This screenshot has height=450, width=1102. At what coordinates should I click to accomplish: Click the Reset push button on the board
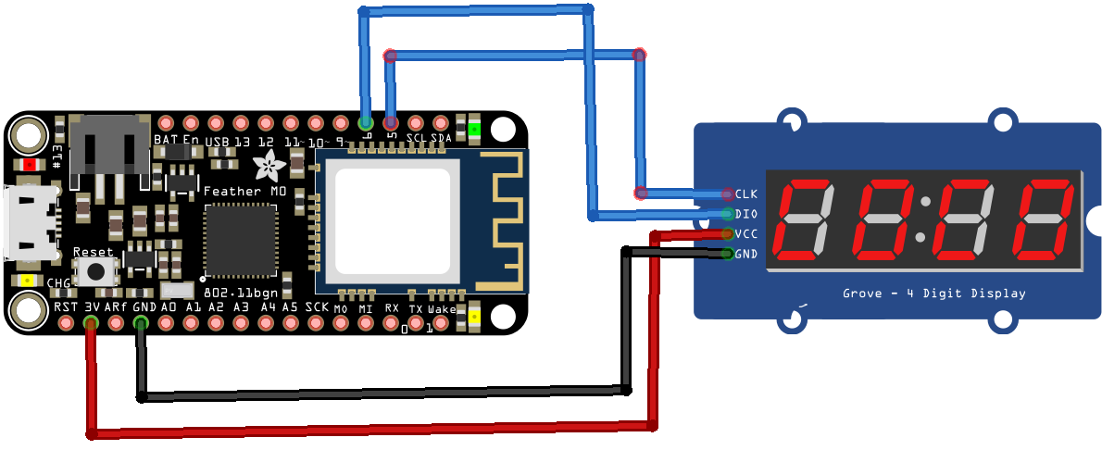(94, 272)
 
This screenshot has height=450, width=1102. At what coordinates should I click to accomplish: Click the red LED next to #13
(30, 164)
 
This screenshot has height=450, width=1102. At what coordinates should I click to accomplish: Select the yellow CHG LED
(28, 281)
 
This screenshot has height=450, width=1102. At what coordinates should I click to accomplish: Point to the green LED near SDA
(474, 130)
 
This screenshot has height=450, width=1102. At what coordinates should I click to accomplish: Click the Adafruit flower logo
(270, 167)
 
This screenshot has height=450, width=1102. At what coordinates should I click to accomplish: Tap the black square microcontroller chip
(240, 240)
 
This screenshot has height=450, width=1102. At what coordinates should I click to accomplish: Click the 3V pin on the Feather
(91, 323)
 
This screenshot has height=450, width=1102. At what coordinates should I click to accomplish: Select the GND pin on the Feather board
(141, 323)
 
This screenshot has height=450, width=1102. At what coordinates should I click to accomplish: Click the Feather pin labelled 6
(366, 122)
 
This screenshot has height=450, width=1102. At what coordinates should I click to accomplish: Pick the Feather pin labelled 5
(391, 122)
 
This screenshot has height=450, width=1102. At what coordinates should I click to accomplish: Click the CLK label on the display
(745, 194)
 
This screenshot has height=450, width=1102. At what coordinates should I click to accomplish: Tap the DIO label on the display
(745, 214)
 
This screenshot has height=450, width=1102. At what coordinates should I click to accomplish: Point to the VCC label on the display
(745, 234)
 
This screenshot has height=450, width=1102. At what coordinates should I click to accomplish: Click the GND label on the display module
(745, 254)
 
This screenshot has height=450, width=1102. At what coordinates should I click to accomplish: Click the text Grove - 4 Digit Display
(933, 294)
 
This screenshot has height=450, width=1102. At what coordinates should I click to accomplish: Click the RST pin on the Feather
(66, 323)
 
